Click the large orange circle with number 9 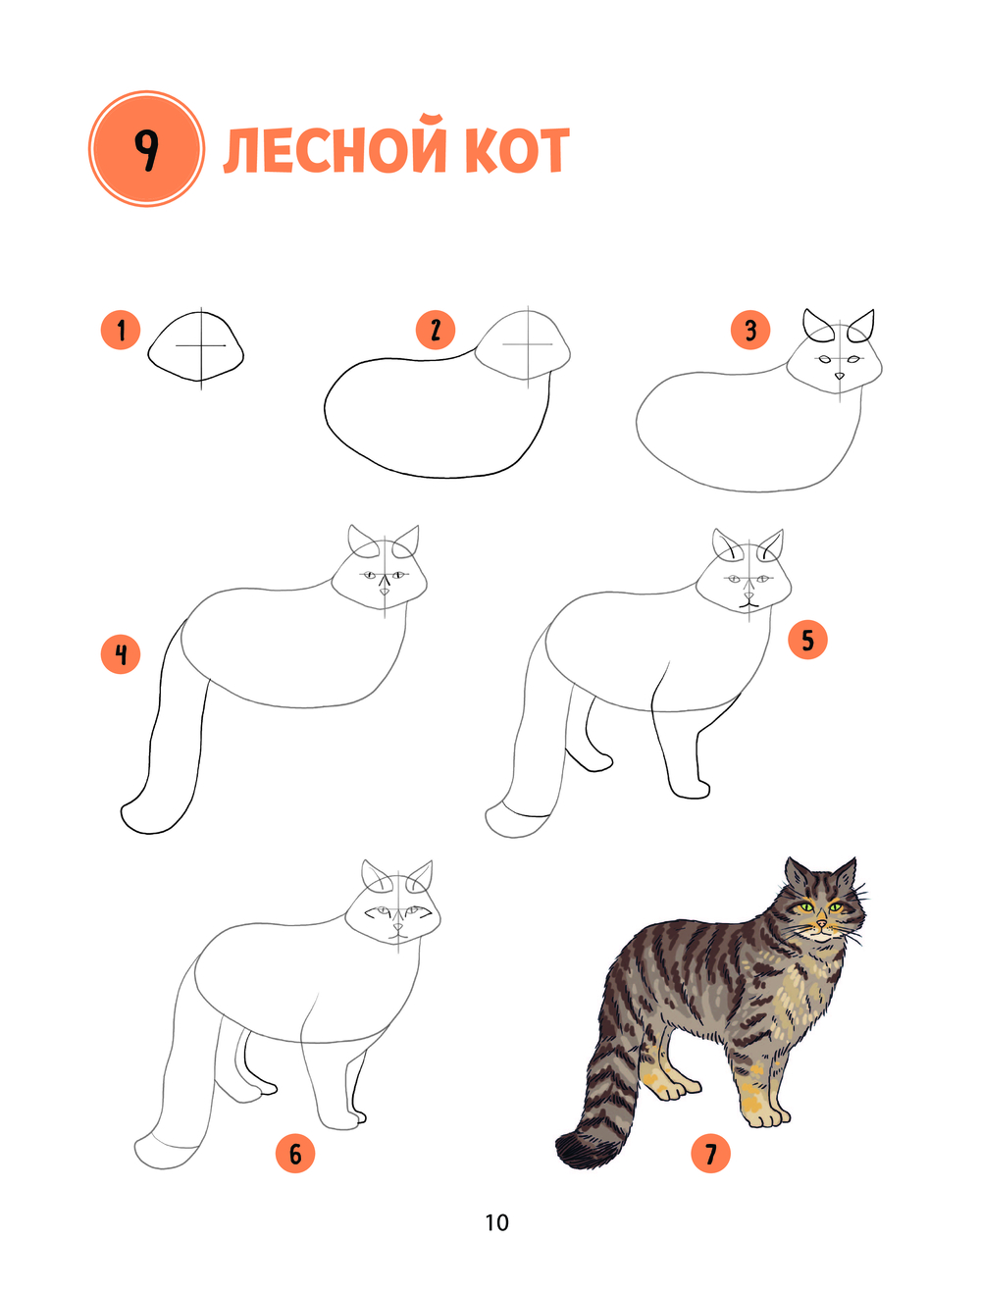click(x=146, y=148)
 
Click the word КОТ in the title click(x=517, y=150)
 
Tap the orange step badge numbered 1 click(x=121, y=330)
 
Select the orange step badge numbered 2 click(x=436, y=330)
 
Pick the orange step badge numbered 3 click(x=750, y=330)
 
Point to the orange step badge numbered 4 click(x=121, y=653)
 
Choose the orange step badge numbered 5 click(x=807, y=640)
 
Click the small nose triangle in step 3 click(x=839, y=375)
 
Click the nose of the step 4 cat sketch click(x=385, y=591)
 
